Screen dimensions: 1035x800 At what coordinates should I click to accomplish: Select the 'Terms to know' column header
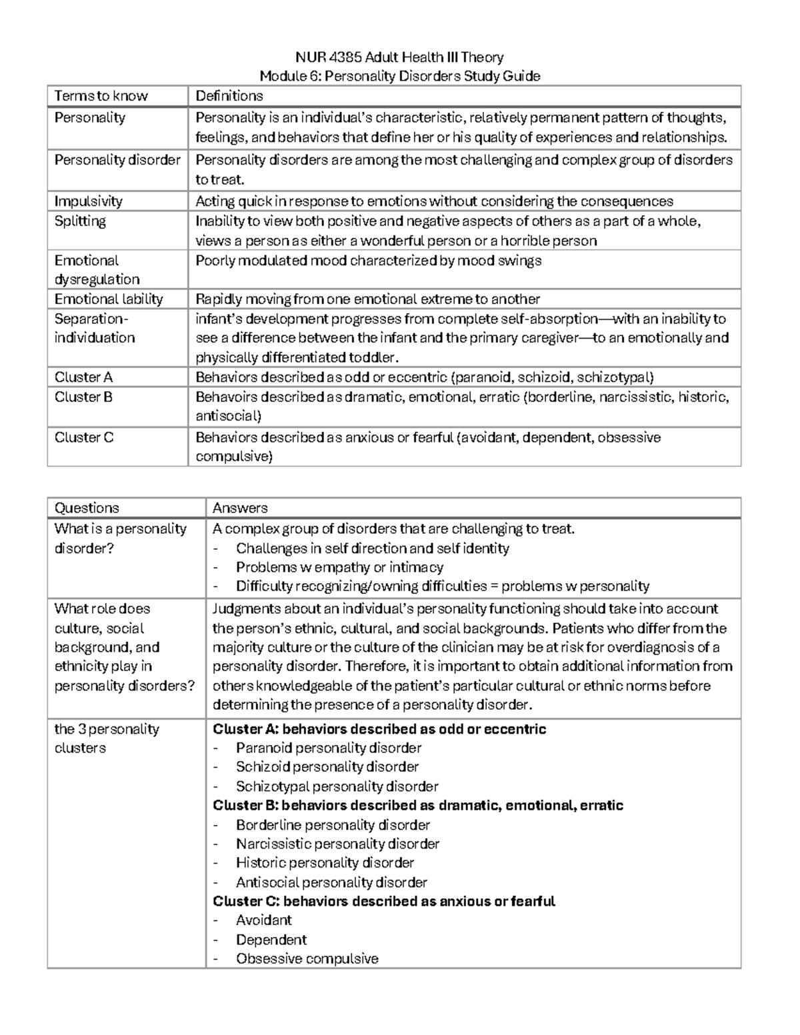pyautogui.click(x=101, y=96)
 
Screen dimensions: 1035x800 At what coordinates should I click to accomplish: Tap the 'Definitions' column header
pyautogui.click(x=229, y=96)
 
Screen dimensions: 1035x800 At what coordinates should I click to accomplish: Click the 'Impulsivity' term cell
pyautogui.click(x=88, y=201)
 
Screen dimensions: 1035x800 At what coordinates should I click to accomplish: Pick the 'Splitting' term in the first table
pyautogui.click(x=80, y=221)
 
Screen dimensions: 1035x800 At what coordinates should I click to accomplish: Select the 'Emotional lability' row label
pyautogui.click(x=109, y=299)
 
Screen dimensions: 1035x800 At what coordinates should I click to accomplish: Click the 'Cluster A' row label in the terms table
pyautogui.click(x=83, y=377)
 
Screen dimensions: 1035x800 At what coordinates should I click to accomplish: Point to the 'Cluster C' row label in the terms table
pyautogui.click(x=84, y=438)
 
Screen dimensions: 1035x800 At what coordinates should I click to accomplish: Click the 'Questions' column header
pyautogui.click(x=87, y=508)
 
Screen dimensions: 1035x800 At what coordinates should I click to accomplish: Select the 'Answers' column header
pyautogui.click(x=239, y=508)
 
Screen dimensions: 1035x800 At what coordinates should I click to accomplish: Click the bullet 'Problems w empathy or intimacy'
pyautogui.click(x=339, y=567)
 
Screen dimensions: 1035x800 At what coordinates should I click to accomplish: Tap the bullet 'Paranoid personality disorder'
pyautogui.click(x=328, y=748)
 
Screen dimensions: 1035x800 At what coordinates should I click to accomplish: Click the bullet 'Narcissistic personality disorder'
pyautogui.click(x=337, y=844)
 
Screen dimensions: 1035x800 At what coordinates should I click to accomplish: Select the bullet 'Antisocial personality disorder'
pyautogui.click(x=331, y=882)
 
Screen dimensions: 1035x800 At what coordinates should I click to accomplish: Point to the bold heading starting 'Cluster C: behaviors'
pyautogui.click(x=383, y=901)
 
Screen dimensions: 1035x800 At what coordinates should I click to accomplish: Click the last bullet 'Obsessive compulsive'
pyautogui.click(x=307, y=959)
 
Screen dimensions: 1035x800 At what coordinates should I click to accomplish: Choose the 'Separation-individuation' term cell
pyautogui.click(x=94, y=329)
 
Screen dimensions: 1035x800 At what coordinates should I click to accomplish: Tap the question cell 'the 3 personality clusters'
pyautogui.click(x=107, y=738)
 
